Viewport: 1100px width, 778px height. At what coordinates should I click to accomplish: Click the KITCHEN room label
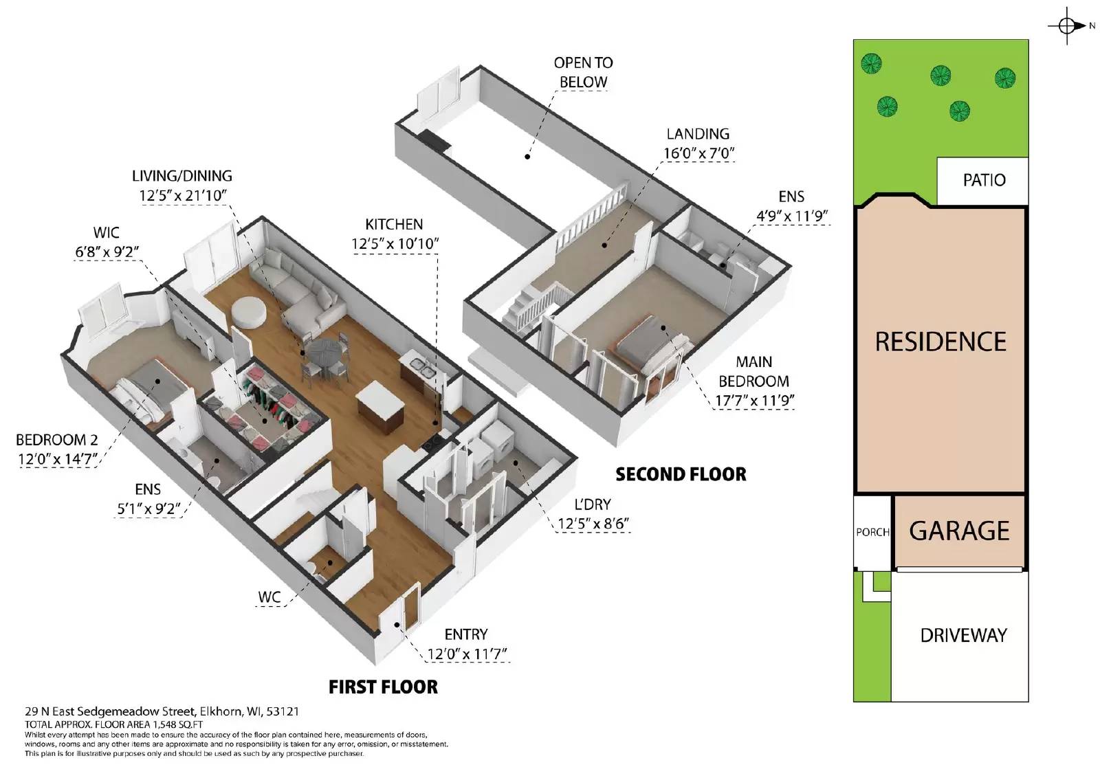point(394,224)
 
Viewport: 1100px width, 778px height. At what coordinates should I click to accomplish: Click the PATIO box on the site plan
point(983,181)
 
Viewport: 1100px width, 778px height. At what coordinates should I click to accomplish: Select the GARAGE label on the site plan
point(959,531)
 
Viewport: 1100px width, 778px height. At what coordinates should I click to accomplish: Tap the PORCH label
point(872,533)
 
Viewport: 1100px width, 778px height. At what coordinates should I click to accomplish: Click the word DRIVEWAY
point(963,636)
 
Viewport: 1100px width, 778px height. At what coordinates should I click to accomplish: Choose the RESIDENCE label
point(940,342)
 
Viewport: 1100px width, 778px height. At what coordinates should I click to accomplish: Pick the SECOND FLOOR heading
point(681,474)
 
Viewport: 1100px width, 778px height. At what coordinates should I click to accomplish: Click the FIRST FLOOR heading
point(383,687)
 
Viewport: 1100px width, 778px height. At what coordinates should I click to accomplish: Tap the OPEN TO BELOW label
point(583,72)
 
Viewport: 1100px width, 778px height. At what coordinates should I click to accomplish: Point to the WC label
point(269,597)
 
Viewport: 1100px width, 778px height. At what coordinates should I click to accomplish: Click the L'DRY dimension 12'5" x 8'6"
point(593,524)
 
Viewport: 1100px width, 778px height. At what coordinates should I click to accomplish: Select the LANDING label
point(697,134)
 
